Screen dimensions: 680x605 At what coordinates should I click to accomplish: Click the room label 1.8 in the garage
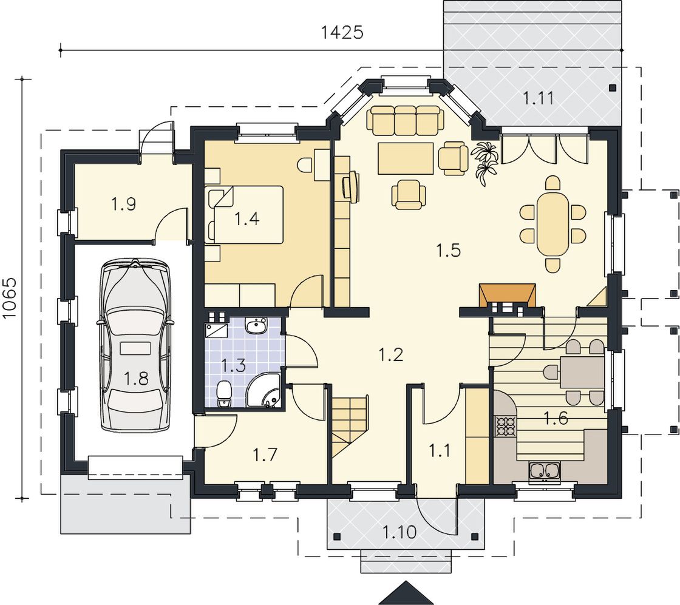pyautogui.click(x=136, y=378)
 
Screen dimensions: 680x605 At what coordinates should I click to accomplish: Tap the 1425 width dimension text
pyautogui.click(x=342, y=32)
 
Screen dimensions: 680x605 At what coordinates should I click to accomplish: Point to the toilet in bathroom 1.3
pyautogui.click(x=224, y=394)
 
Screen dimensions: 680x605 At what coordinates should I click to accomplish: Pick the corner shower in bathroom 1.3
pyautogui.click(x=263, y=391)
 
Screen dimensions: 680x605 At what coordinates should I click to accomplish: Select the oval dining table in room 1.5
pyautogui.click(x=552, y=224)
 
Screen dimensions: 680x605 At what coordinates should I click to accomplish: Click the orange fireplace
pyautogui.click(x=507, y=296)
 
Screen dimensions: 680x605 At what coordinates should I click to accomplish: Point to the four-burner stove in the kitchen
pyautogui.click(x=505, y=425)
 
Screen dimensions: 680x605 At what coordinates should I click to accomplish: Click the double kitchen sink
pyautogui.click(x=544, y=471)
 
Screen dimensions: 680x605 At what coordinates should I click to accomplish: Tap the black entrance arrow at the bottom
pyautogui.click(x=406, y=593)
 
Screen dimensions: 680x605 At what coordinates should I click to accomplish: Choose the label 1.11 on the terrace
pyautogui.click(x=538, y=98)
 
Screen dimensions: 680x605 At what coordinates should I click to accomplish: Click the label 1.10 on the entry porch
pyautogui.click(x=399, y=531)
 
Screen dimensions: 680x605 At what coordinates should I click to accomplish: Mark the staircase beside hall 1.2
pyautogui.click(x=350, y=424)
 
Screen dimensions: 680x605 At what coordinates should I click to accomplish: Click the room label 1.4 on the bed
pyautogui.click(x=246, y=218)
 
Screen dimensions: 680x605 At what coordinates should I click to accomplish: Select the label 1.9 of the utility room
pyautogui.click(x=124, y=203)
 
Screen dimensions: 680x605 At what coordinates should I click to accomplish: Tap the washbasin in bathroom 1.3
pyautogui.click(x=256, y=326)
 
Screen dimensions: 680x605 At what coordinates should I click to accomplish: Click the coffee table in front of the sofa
pyautogui.click(x=406, y=158)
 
